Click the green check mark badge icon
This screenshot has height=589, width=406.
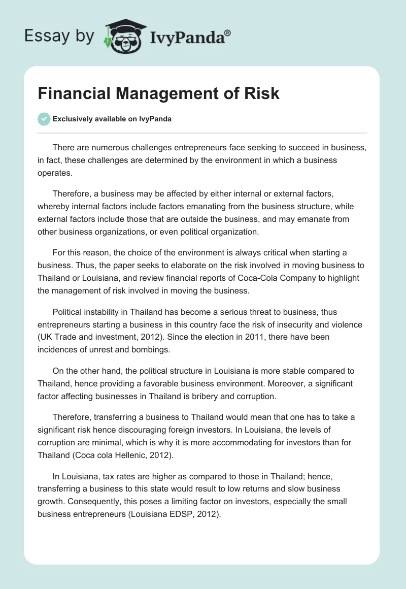tap(44, 119)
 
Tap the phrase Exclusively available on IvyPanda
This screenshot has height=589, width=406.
tap(112, 119)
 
